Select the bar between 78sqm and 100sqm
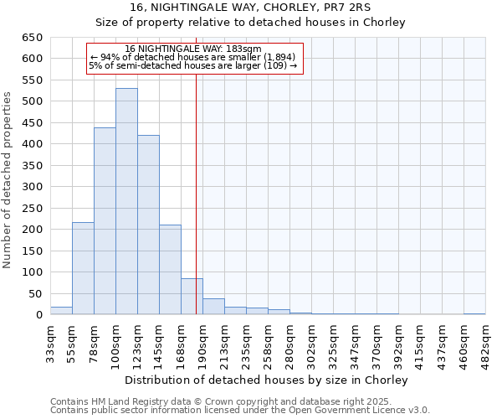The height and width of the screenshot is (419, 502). (105, 221)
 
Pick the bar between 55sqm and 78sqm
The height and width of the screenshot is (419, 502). (83, 268)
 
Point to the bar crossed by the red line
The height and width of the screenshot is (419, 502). (192, 297)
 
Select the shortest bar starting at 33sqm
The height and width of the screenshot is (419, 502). (61, 311)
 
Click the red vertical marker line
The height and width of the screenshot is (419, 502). (196, 168)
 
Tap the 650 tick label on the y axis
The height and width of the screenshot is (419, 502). (32, 38)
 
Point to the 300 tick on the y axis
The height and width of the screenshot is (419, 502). (32, 187)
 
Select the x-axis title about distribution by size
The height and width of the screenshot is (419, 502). (268, 380)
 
